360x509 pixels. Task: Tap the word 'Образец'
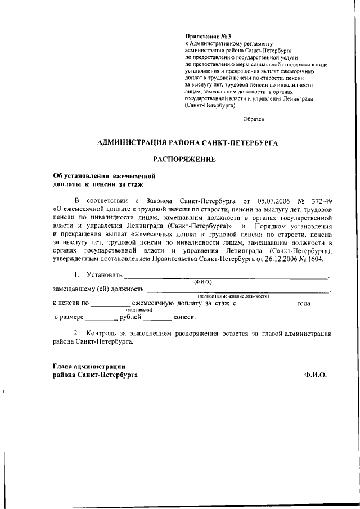coord(253,119)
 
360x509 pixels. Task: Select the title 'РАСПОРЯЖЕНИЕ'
coord(184,159)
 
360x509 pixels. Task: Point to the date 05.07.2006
coord(274,200)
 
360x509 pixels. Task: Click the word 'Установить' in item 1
coord(104,276)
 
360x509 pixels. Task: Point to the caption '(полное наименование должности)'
coord(233,296)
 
